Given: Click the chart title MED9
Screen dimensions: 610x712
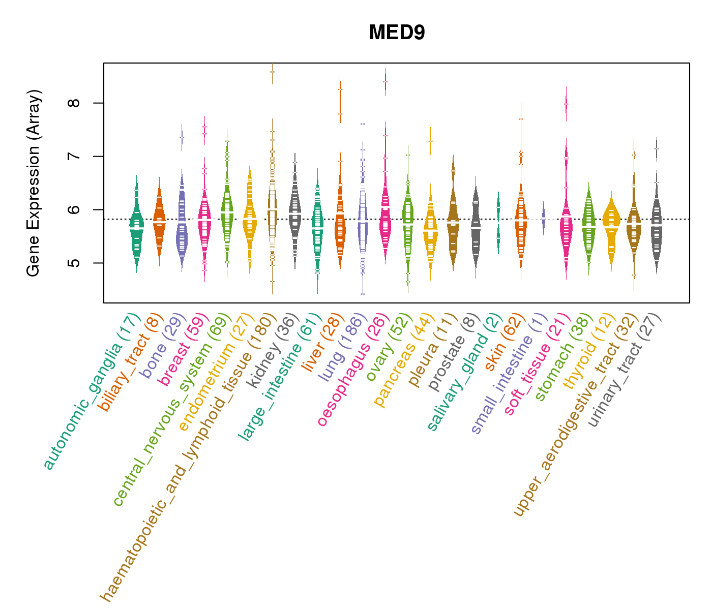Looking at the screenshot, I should [x=397, y=33].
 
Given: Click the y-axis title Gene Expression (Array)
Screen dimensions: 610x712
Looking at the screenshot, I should [x=34, y=183].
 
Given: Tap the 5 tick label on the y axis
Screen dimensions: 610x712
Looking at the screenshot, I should [x=74, y=263].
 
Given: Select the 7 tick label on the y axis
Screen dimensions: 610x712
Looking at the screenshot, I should [x=74, y=157].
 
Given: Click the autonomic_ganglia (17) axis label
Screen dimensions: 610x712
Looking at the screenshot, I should [x=92, y=391].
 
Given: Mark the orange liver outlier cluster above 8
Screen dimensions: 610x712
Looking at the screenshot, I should [x=340, y=102].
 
